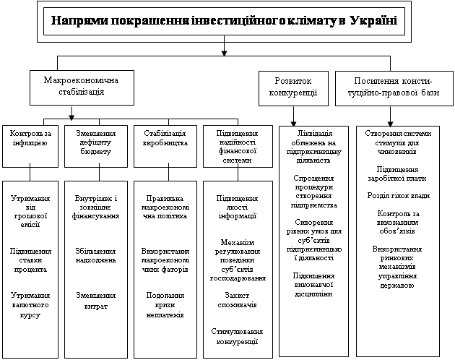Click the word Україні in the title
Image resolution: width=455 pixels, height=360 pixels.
pos(373,20)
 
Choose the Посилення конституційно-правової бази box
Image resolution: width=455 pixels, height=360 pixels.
pos(390,87)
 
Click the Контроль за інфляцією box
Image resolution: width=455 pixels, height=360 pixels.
pos(30,138)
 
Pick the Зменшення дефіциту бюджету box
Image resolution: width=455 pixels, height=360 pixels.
pos(95,143)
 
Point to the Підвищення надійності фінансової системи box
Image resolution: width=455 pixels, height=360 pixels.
pos(238,146)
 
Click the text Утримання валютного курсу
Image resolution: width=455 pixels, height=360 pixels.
pos(30,305)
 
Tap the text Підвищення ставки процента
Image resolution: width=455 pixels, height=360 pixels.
pos(30,260)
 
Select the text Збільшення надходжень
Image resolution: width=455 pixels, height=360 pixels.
pos(95,255)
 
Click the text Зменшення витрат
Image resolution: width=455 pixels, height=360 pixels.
pos(95,301)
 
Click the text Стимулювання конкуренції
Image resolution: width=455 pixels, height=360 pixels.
pos(238,337)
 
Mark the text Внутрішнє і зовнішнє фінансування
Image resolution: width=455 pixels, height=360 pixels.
pos(95,206)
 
